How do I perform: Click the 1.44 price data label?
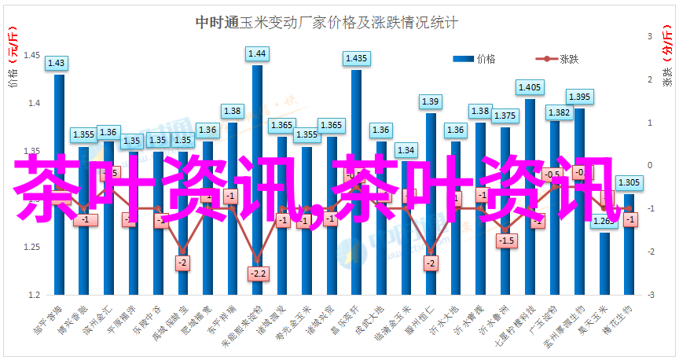[257, 53]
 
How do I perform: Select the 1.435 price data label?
[356, 58]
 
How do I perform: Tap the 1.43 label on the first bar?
[57, 63]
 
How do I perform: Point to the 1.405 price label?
[529, 87]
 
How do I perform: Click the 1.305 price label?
[629, 182]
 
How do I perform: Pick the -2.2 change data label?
[257, 274]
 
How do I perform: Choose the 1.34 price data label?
[406, 149]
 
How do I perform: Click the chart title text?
[326, 23]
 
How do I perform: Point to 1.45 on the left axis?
[33, 55]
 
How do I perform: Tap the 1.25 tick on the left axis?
[33, 247]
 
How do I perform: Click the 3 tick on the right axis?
[650, 37]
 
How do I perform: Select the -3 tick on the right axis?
[650, 295]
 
